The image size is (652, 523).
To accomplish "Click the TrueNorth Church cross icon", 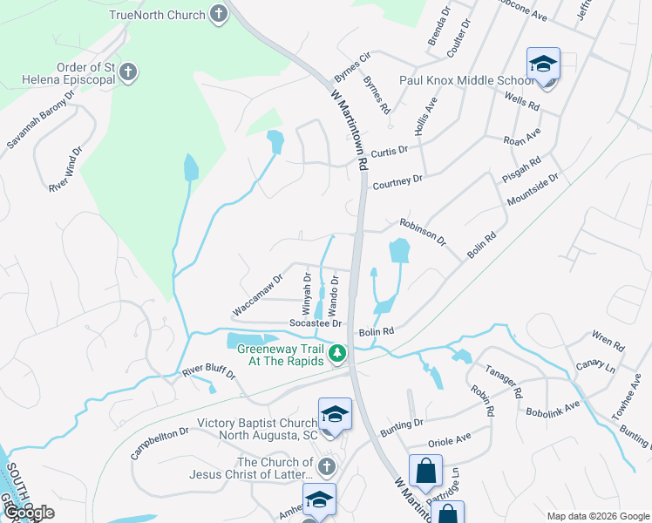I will pyautogui.click(x=218, y=14).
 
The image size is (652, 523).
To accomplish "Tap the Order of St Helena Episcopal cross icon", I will pyautogui.click(x=128, y=71).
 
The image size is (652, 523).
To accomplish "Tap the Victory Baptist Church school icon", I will pyautogui.click(x=334, y=417).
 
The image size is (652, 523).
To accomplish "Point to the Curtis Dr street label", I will pyautogui.click(x=390, y=151).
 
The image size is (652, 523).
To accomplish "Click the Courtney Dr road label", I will pyautogui.click(x=397, y=180).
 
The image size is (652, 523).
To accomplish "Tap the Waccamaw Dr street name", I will pyautogui.click(x=257, y=295).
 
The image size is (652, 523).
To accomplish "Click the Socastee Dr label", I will pyautogui.click(x=314, y=323).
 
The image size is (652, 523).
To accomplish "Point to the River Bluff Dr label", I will pyautogui.click(x=209, y=372).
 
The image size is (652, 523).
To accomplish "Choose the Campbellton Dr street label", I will pyautogui.click(x=160, y=444).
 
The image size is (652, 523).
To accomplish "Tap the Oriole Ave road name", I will pyautogui.click(x=449, y=438).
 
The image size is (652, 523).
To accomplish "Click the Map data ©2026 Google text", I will pyautogui.click(x=598, y=516).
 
